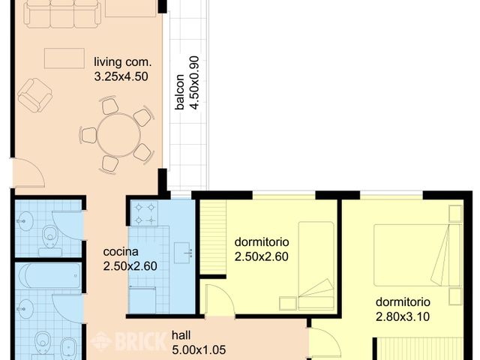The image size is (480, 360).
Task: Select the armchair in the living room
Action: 34,96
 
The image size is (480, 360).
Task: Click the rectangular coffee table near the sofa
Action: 64,58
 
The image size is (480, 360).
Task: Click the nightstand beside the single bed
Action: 287,303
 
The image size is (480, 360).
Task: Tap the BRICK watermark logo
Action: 127,342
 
